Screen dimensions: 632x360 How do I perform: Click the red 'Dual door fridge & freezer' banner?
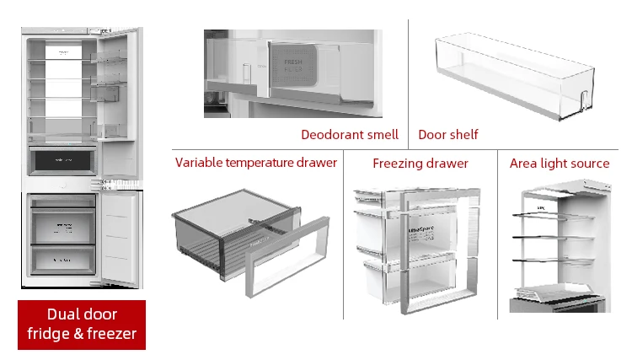pyautogui.click(x=82, y=325)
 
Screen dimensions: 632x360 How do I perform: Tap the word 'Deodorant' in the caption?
pyautogui.click(x=329, y=134)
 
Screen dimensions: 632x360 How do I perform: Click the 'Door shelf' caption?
pyautogui.click(x=448, y=134)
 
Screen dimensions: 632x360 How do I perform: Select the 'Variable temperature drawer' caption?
pyautogui.click(x=256, y=163)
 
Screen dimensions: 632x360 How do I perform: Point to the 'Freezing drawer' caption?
pyautogui.click(x=420, y=163)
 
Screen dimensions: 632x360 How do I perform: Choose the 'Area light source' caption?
pyautogui.click(x=560, y=163)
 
